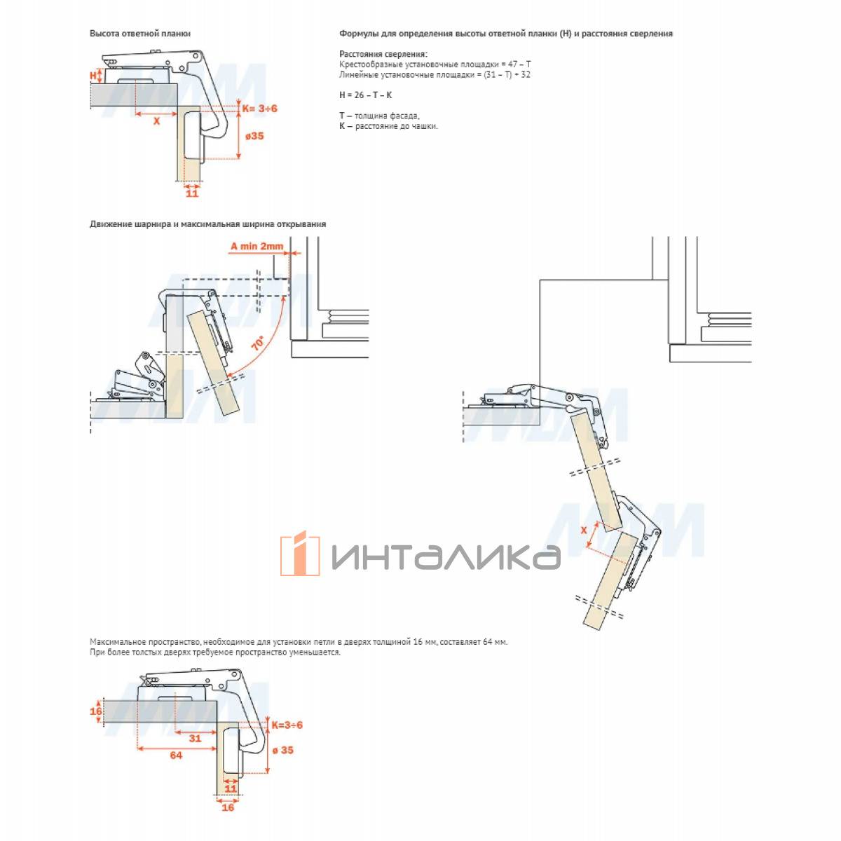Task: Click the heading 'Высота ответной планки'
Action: (x=140, y=34)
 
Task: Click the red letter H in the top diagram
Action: (x=93, y=76)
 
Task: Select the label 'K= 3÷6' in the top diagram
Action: (x=260, y=108)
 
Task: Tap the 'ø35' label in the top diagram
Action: (x=254, y=136)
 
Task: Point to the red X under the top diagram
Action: (x=157, y=121)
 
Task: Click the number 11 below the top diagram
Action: (x=192, y=193)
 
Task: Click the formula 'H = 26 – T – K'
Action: (x=365, y=95)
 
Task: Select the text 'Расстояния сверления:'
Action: (x=383, y=54)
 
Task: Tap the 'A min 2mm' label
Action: (x=257, y=246)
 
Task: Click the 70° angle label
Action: (x=258, y=343)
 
